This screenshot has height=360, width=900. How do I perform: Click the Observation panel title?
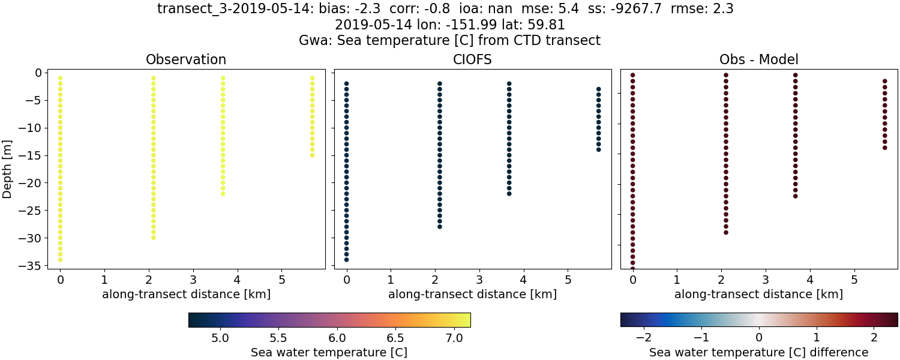(x=186, y=60)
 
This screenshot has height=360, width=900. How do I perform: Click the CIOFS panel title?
(x=472, y=60)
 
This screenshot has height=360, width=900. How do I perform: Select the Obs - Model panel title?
(x=758, y=60)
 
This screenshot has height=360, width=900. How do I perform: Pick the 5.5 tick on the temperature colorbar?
(x=279, y=337)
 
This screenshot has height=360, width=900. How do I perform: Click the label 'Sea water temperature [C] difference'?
(x=758, y=352)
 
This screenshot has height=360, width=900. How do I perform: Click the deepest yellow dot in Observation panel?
(x=60, y=260)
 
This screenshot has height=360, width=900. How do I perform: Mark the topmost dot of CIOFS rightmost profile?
(x=598, y=89)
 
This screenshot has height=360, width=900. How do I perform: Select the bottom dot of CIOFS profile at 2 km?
(x=439, y=226)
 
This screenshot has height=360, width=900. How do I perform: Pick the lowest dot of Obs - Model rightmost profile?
(x=884, y=147)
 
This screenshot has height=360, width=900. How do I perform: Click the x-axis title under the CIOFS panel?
(x=472, y=295)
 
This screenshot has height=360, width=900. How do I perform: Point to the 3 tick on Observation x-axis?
(x=193, y=279)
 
